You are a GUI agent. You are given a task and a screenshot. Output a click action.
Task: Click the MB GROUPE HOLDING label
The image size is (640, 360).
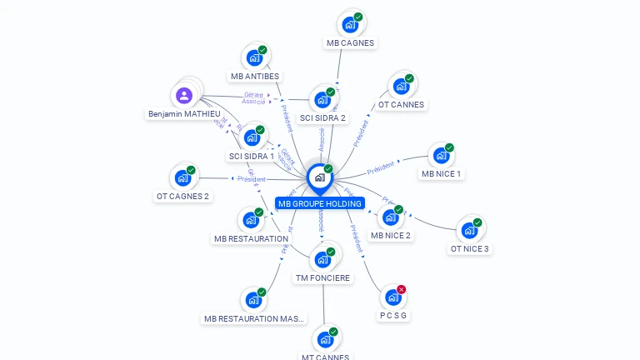coord(320,203)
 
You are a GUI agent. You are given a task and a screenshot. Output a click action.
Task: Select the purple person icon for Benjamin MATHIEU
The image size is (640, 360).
coord(184,95)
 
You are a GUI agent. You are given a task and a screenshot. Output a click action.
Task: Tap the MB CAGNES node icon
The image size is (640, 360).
coord(350,24)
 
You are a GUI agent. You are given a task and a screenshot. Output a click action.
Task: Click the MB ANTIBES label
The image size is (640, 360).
coord(255,76)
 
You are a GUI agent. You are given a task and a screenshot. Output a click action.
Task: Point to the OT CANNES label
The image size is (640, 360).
coord(401,105)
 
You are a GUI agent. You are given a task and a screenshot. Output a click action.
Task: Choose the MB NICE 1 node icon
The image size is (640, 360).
coord(441,156)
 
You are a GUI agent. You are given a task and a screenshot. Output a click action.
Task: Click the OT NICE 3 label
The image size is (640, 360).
coord(470,248)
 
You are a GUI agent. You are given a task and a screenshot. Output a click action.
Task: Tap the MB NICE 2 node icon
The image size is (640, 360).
coord(390,217)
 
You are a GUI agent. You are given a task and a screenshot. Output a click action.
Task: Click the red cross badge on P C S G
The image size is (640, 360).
coord(402,290)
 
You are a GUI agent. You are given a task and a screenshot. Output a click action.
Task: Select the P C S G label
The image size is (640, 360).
coord(394,316)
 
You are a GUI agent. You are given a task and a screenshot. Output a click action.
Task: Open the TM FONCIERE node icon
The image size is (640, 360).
coord(322,259)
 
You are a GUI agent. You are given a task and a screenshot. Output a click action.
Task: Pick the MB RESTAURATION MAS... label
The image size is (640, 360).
coord(255,318)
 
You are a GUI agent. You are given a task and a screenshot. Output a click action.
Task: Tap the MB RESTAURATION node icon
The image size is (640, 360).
coord(251,221)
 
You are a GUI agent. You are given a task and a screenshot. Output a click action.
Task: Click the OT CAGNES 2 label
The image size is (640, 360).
coord(182,197)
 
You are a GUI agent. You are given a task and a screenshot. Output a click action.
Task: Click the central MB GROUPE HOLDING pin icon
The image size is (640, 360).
coord(319,177)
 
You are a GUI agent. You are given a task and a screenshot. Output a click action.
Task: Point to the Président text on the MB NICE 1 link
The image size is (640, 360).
coord(380,167)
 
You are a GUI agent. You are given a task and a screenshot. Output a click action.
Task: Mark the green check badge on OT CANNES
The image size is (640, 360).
coord(409,78)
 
